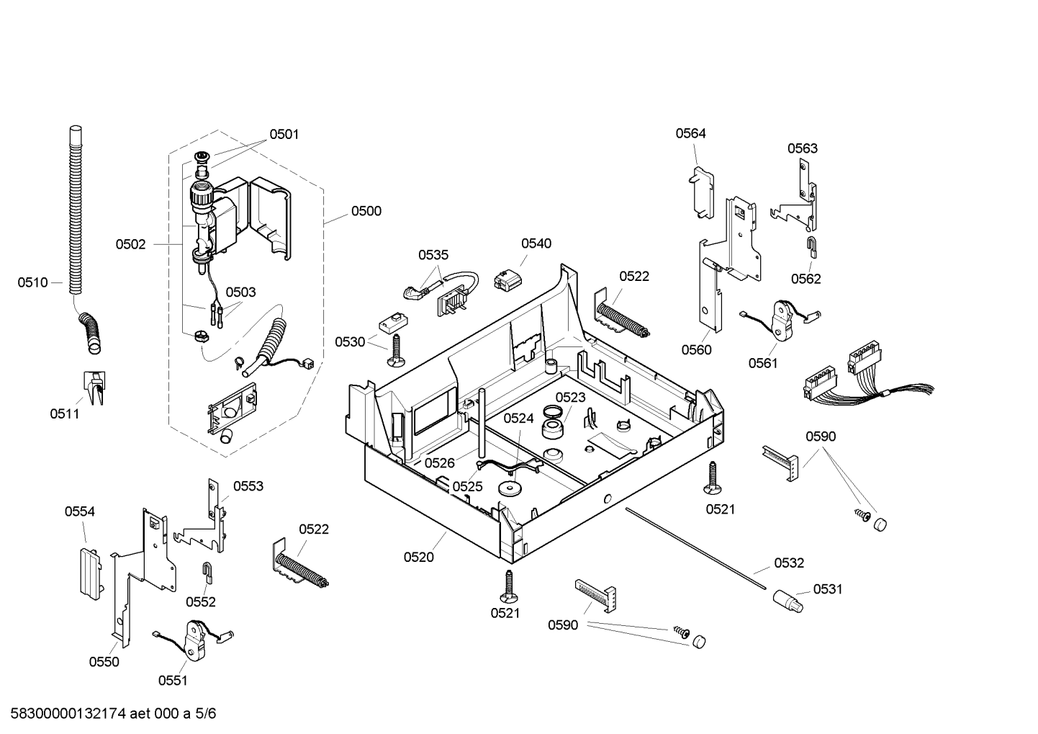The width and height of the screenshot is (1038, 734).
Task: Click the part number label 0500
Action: pyautogui.click(x=366, y=211)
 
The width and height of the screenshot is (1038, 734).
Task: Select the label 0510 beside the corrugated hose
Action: pyautogui.click(x=32, y=282)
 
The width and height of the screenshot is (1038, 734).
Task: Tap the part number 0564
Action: pyautogui.click(x=690, y=133)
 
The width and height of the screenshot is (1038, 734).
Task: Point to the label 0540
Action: pyautogui.click(x=536, y=243)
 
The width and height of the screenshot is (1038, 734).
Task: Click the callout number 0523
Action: pyautogui.click(x=570, y=398)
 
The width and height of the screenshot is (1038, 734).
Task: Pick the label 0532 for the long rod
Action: pyautogui.click(x=789, y=563)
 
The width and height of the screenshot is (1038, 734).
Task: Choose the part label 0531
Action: pyautogui.click(x=828, y=589)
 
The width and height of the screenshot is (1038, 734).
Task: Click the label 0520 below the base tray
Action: pyautogui.click(x=418, y=558)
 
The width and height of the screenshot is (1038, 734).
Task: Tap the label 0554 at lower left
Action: pyautogui.click(x=80, y=511)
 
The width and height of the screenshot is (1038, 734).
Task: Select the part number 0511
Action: pyautogui.click(x=64, y=413)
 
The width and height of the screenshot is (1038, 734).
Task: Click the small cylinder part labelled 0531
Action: pyautogui.click(x=787, y=601)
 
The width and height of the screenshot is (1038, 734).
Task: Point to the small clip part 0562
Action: pyautogui.click(x=811, y=247)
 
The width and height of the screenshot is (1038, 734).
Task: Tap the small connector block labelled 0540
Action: pyautogui.click(x=508, y=280)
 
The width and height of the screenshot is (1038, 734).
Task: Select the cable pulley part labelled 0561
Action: pyautogui.click(x=781, y=321)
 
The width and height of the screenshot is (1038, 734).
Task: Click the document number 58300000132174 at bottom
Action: pyautogui.click(x=68, y=713)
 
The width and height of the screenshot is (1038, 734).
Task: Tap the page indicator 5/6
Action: pyautogui.click(x=205, y=713)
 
